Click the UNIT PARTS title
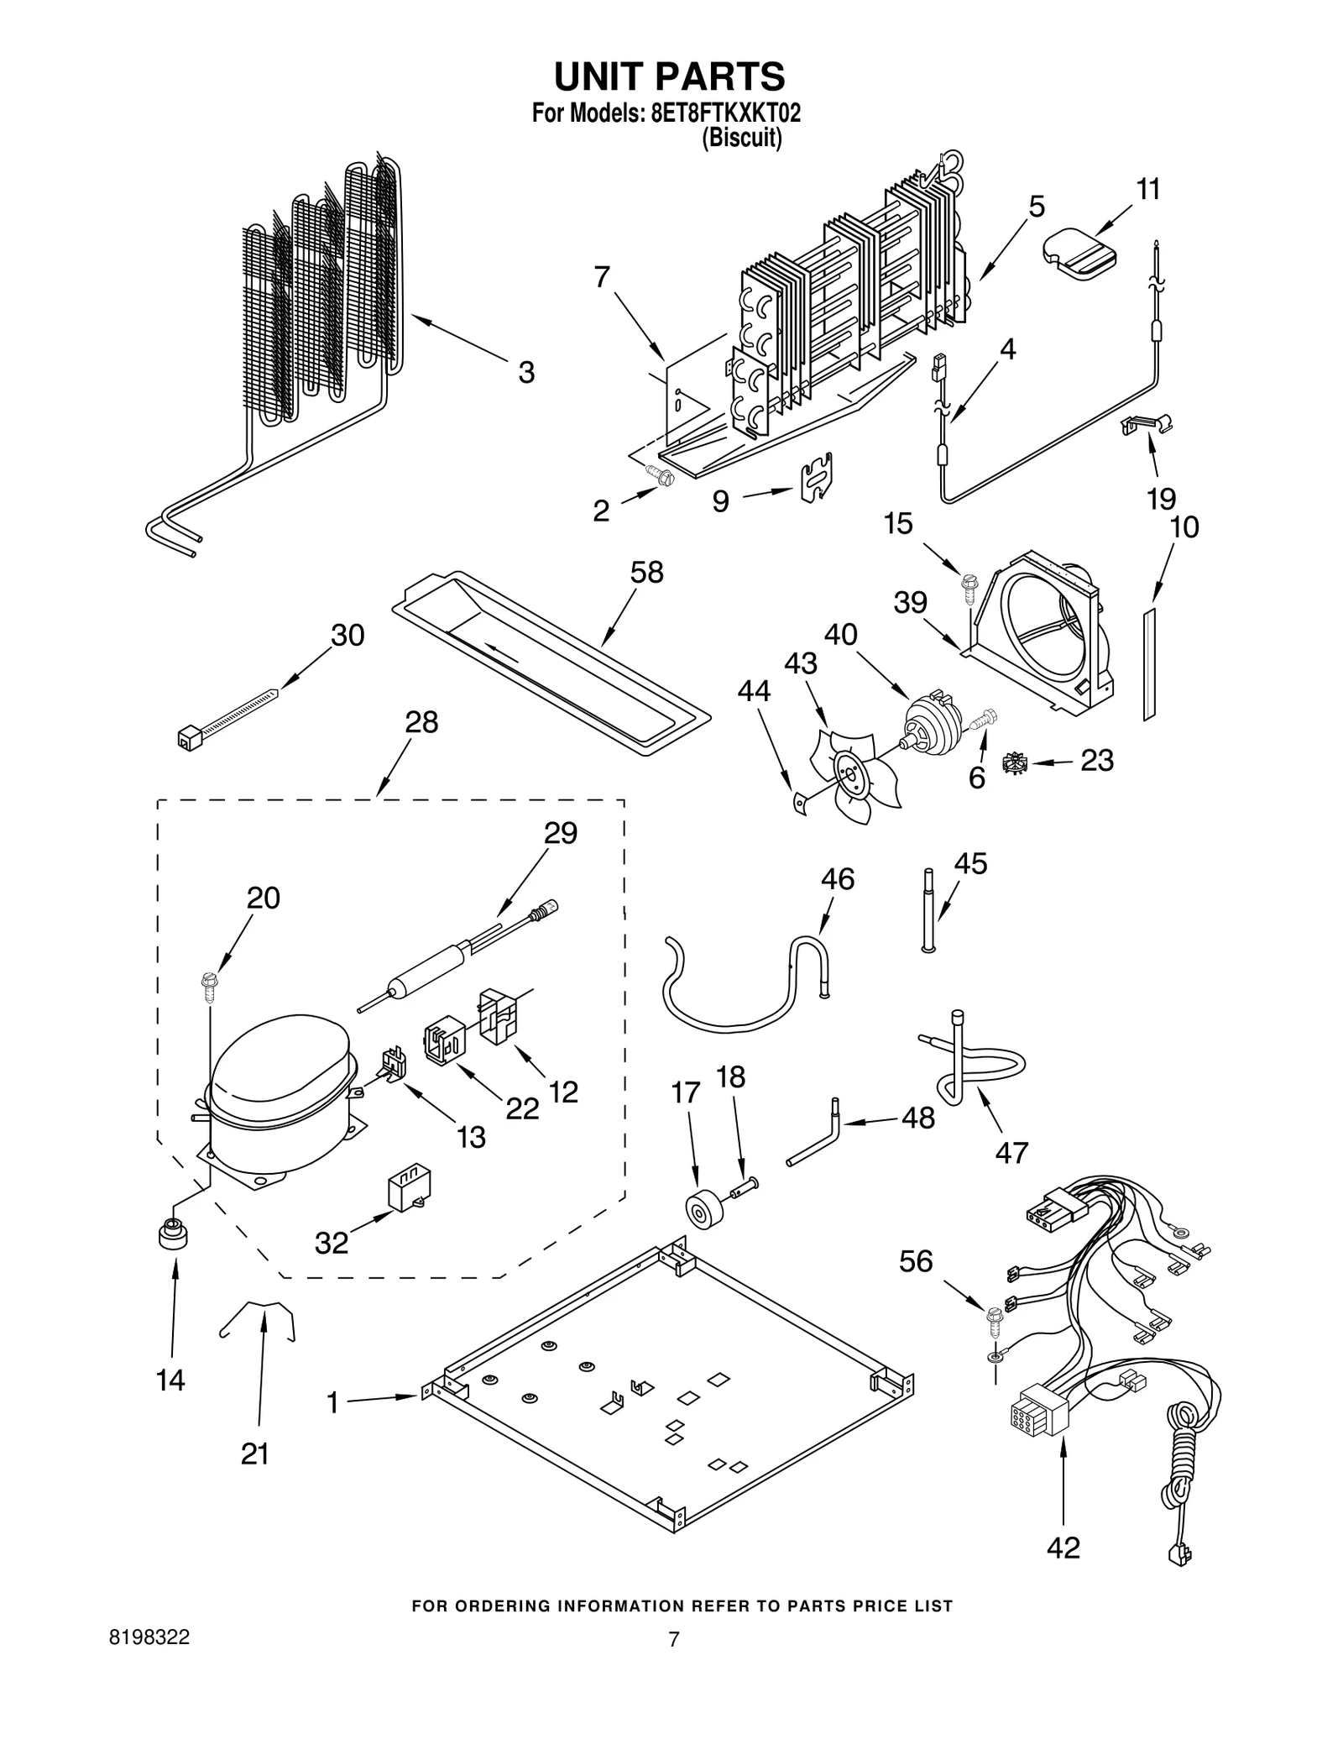click(669, 76)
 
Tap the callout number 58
click(646, 573)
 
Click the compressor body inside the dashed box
click(277, 1092)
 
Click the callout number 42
click(1063, 1547)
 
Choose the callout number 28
click(421, 722)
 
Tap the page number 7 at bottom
click(672, 1638)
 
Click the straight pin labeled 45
click(928, 911)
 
